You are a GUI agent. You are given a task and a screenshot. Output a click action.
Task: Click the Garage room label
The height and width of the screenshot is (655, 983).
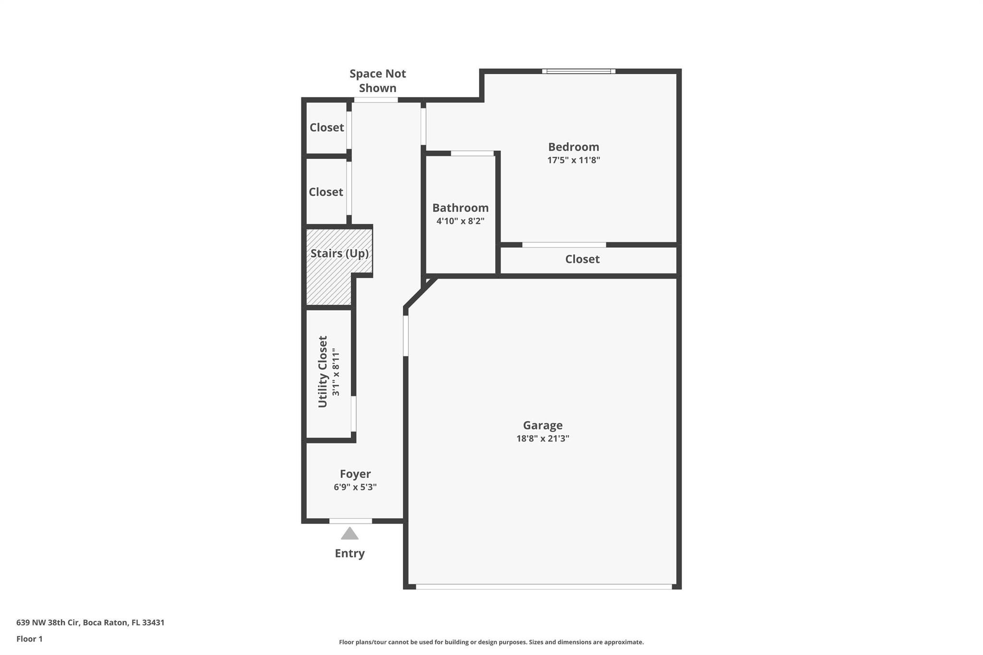tap(542, 425)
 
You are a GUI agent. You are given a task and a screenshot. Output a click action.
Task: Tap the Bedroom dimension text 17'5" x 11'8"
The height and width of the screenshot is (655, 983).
tap(574, 160)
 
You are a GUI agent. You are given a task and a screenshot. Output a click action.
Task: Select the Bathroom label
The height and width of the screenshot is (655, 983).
tap(460, 208)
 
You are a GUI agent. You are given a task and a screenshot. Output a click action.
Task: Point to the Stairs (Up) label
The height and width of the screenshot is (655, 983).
tap(339, 253)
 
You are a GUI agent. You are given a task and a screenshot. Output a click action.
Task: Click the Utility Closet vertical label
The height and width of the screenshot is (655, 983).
tap(323, 371)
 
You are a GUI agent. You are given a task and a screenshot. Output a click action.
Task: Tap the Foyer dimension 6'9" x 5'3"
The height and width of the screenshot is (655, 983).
tap(355, 487)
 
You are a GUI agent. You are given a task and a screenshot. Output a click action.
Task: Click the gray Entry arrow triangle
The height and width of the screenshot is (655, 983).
tap(349, 533)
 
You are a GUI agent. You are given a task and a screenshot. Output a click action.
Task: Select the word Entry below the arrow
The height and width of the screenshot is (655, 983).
tap(349, 553)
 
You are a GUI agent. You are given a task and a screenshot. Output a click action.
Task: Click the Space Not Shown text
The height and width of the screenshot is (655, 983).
tap(378, 81)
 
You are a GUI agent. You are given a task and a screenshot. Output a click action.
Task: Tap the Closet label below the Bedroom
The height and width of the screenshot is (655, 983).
tap(582, 259)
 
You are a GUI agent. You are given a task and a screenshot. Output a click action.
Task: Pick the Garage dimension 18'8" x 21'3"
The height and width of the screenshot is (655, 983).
tap(542, 438)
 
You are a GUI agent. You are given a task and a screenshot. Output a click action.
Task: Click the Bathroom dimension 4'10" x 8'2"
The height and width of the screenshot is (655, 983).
tap(460, 221)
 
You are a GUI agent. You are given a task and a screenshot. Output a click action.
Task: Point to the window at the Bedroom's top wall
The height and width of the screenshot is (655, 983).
tap(579, 71)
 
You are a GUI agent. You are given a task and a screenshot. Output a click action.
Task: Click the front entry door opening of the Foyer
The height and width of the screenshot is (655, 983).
tap(350, 521)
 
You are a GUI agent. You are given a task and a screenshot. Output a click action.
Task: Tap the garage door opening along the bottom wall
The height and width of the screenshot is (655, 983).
tap(544, 586)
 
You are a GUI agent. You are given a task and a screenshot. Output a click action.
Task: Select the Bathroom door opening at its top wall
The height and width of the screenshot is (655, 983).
tap(472, 154)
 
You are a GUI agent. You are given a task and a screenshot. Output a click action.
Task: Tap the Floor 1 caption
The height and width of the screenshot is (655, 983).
tap(29, 639)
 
